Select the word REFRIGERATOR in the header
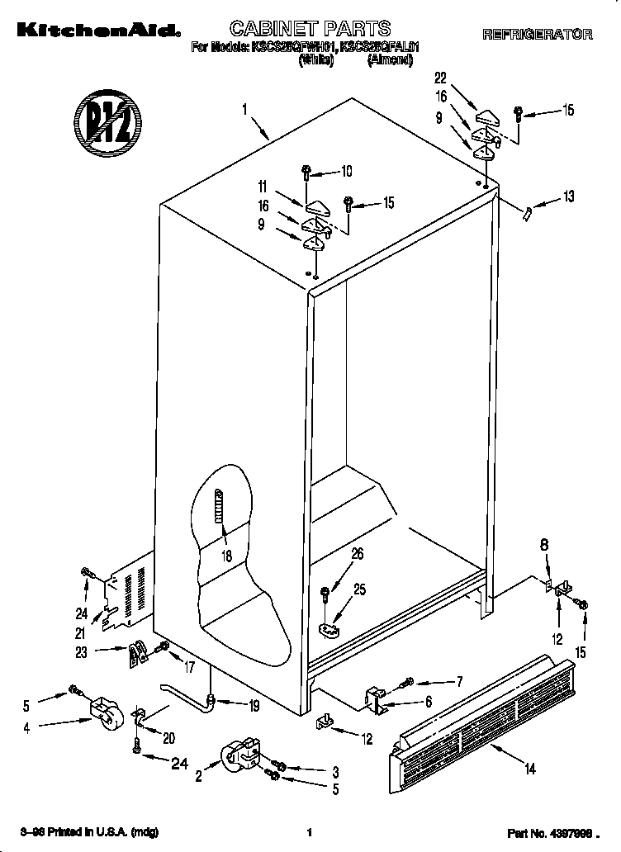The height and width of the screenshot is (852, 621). (x=537, y=34)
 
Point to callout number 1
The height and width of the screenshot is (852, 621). (x=246, y=108)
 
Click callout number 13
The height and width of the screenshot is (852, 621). (x=568, y=196)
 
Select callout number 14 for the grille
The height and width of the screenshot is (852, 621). (x=530, y=769)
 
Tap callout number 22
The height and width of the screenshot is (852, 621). (x=440, y=78)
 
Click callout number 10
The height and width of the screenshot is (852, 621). (x=346, y=172)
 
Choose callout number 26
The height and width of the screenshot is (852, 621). (x=358, y=554)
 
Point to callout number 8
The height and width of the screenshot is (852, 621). (x=543, y=545)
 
